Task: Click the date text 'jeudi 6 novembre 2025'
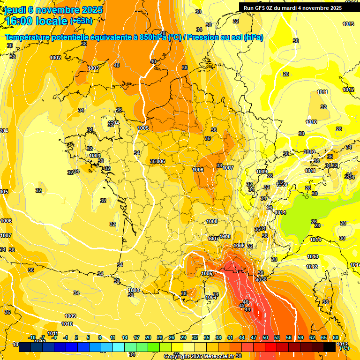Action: pos(50,10)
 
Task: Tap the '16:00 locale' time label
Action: pos(36,21)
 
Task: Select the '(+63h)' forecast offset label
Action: pos(81,21)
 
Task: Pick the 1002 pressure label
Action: pos(55,58)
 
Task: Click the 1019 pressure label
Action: pos(311,122)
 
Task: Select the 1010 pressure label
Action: pos(67,324)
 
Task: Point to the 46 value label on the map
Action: pos(245,302)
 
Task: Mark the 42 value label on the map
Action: pos(242,306)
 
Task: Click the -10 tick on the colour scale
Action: pos(32,337)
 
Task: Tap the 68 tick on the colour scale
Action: pos(335,337)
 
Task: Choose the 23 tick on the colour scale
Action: pos(159,337)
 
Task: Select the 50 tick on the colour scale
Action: pos(265,337)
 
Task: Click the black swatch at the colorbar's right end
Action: pos(329,347)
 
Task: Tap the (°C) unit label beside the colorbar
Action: pos(344,348)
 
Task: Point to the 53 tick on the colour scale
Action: pos(277,337)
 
